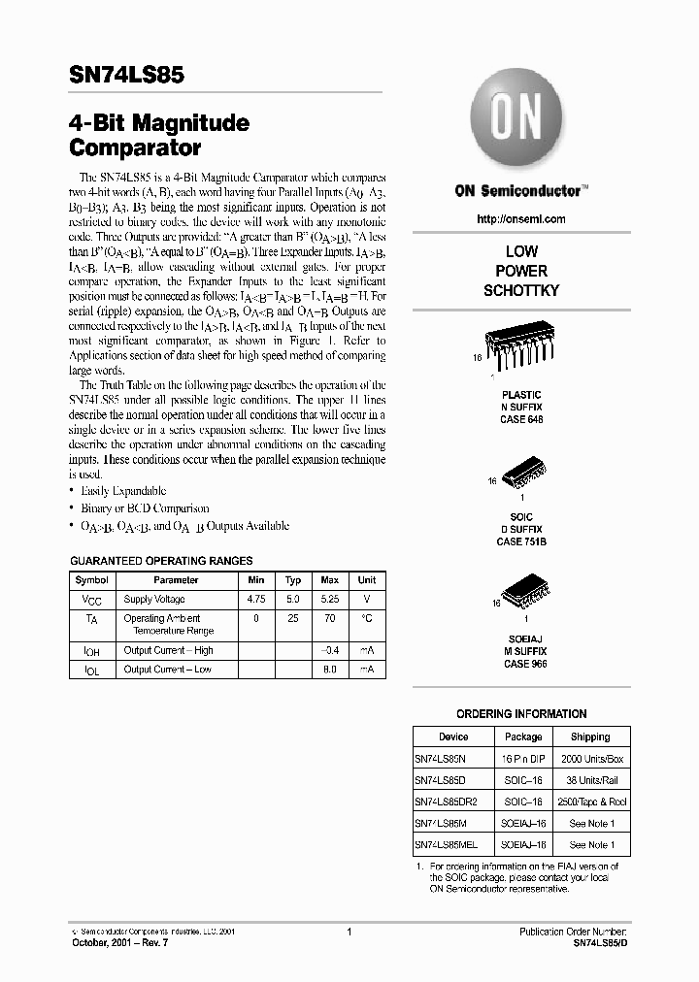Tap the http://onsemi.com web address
pyautogui.click(x=521, y=219)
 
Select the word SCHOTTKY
pyautogui.click(x=521, y=291)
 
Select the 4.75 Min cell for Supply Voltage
pyautogui.click(x=256, y=600)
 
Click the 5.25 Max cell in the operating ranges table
pyautogui.click(x=330, y=600)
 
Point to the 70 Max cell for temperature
pyautogui.click(x=330, y=618)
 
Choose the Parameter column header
pyautogui.click(x=176, y=580)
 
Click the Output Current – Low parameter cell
pyautogui.click(x=168, y=670)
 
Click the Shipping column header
pyautogui.click(x=589, y=736)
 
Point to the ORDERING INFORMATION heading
pyautogui.click(x=521, y=713)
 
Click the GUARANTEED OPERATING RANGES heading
pyautogui.click(x=161, y=561)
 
